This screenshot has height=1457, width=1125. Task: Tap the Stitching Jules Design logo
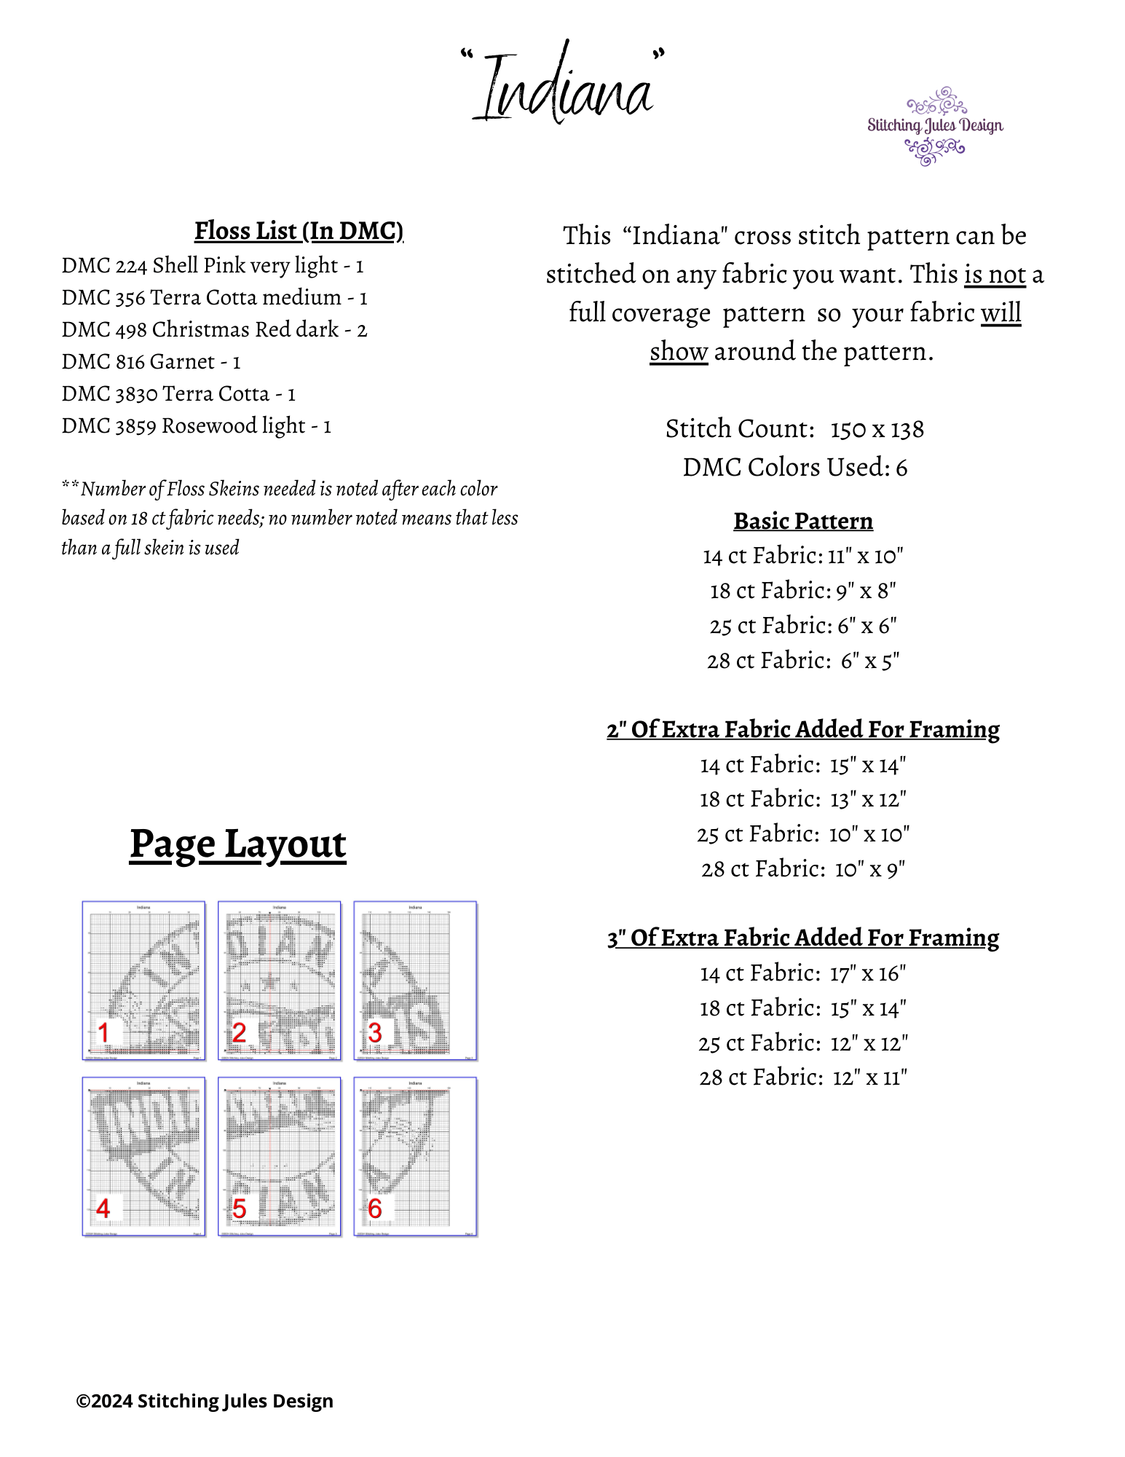click(x=934, y=126)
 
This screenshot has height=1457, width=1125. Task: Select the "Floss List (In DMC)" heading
click(x=299, y=231)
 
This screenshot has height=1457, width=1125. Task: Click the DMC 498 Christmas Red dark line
click(x=214, y=330)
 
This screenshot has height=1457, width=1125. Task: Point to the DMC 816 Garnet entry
click(x=151, y=362)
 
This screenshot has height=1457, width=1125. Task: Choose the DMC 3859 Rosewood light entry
click(x=196, y=426)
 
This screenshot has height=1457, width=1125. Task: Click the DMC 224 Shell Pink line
click(x=212, y=266)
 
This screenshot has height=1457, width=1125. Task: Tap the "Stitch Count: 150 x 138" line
click(x=794, y=429)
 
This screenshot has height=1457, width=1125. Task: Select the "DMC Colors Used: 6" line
click(x=794, y=468)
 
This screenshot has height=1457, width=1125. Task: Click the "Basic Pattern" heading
click(x=802, y=522)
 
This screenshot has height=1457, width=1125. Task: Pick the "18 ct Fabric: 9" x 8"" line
click(x=802, y=591)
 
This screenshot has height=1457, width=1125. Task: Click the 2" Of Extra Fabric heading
click(x=802, y=730)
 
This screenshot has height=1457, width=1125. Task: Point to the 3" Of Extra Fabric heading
click(x=802, y=938)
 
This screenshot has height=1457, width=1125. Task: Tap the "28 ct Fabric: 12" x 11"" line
click(x=802, y=1077)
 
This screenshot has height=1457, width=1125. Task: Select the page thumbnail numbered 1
click(x=143, y=981)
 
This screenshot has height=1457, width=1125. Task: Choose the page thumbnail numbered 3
click(x=415, y=981)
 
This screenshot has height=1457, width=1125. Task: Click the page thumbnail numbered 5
click(x=279, y=1157)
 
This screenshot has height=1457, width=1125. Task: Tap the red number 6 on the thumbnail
click(x=375, y=1209)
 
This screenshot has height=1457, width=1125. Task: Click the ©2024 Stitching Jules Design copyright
click(x=205, y=1401)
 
